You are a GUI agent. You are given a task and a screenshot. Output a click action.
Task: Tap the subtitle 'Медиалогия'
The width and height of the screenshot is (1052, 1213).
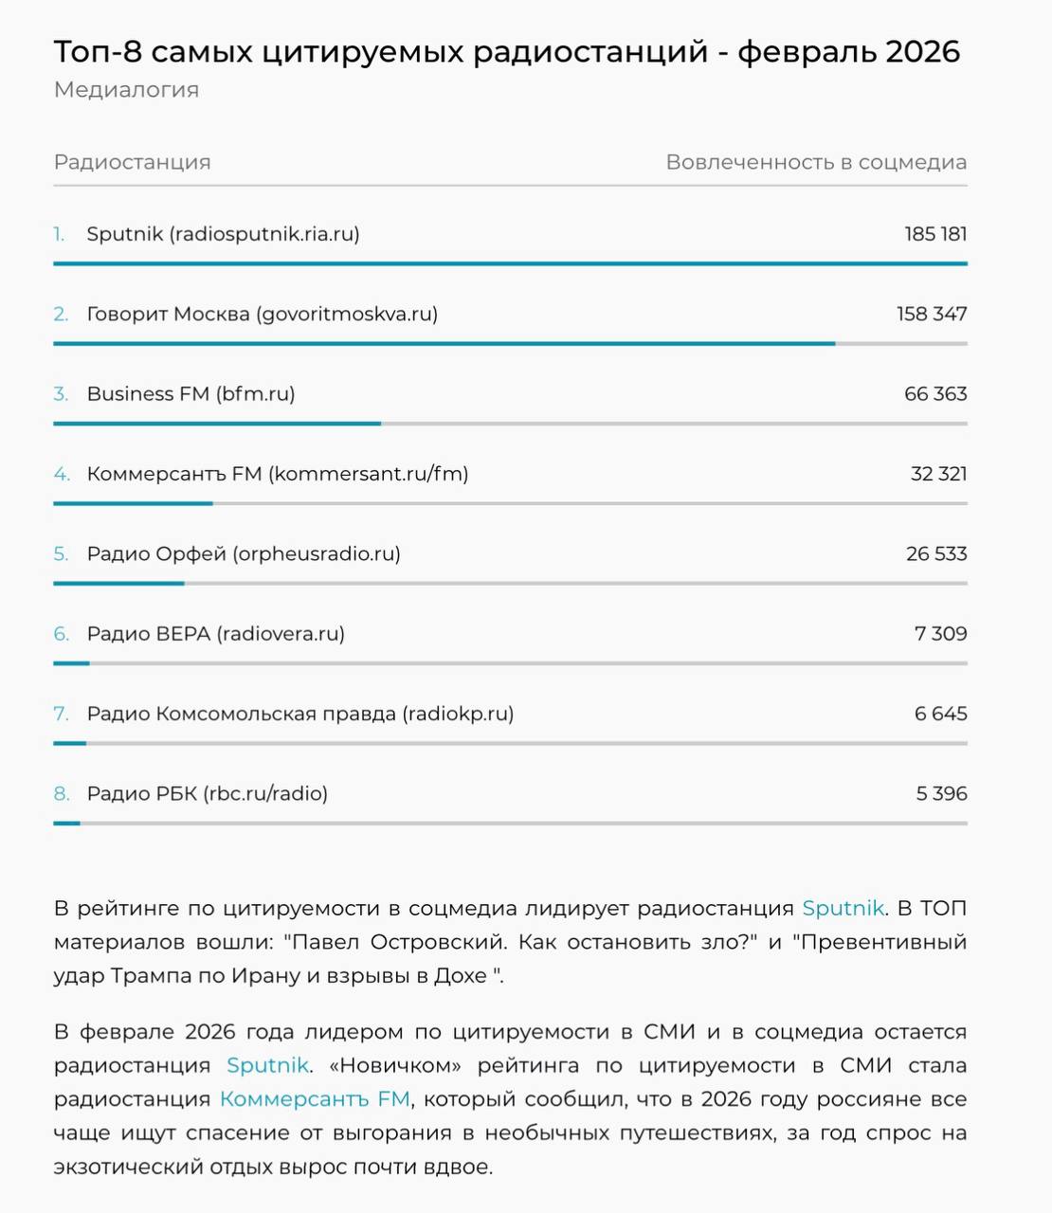click(x=126, y=90)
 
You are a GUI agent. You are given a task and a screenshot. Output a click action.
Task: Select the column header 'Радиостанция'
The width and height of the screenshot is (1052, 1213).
click(x=132, y=162)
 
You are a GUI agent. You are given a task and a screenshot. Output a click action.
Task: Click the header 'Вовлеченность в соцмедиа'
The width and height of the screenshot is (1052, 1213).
click(x=816, y=162)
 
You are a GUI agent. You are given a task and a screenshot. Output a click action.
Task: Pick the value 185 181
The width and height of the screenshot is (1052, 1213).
click(x=935, y=234)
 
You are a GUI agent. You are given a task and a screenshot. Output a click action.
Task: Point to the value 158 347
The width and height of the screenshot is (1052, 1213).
click(x=932, y=314)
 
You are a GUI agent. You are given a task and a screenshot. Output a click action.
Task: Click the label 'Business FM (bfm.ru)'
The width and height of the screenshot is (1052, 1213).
click(x=190, y=394)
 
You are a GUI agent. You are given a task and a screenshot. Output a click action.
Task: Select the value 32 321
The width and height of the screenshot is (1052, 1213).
click(x=938, y=474)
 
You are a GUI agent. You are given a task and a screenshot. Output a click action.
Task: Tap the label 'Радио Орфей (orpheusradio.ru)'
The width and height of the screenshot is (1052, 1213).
click(x=244, y=554)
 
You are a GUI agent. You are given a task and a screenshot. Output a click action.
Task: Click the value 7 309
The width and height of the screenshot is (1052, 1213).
click(x=940, y=634)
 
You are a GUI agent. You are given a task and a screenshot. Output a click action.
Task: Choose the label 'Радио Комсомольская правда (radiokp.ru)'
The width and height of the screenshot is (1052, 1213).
click(x=300, y=715)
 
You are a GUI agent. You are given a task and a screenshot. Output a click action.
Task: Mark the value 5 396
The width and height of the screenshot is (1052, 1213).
click(x=941, y=794)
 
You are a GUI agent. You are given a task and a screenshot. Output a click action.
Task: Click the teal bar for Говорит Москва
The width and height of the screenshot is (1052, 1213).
click(x=444, y=343)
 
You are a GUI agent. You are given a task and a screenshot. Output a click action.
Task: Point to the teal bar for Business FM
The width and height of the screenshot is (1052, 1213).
click(x=217, y=424)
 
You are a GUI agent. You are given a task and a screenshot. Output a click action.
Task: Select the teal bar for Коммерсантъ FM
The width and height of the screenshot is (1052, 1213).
click(x=133, y=503)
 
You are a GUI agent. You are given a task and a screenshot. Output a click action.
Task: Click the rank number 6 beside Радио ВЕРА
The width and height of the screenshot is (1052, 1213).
click(x=61, y=634)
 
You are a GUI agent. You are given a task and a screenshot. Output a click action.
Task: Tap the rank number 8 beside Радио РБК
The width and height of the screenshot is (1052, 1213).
click(x=61, y=794)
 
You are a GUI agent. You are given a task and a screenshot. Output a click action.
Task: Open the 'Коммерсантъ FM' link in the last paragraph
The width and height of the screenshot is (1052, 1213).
click(x=315, y=1099)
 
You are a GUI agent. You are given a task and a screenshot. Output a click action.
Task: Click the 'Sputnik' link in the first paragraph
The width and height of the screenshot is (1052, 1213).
click(x=843, y=908)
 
